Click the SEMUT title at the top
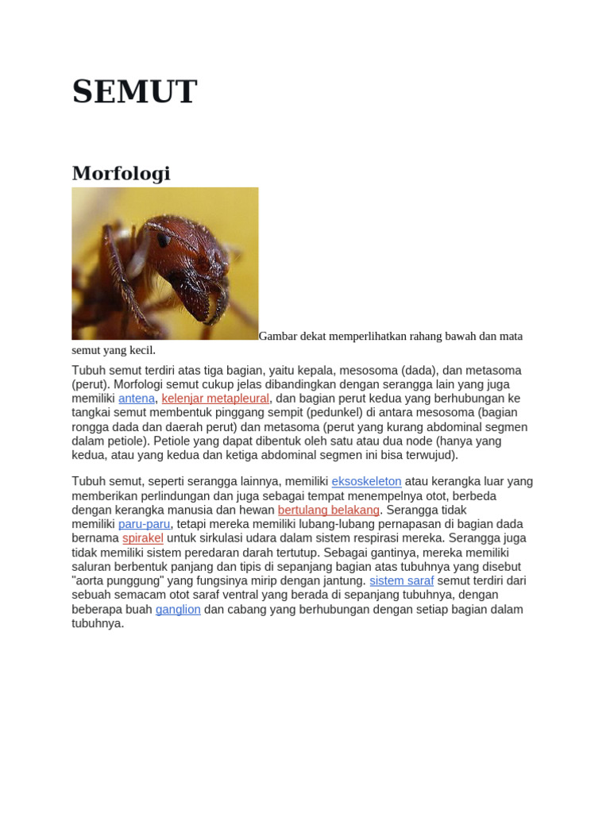(134, 91)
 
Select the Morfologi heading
(121, 173)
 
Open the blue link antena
(137, 399)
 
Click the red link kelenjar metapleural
(215, 399)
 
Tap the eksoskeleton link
(366, 481)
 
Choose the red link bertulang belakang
(329, 510)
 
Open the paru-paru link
(144, 524)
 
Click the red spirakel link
(143, 538)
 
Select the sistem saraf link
(402, 581)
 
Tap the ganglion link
(178, 610)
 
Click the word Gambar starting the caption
(279, 336)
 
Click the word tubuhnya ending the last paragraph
(98, 624)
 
